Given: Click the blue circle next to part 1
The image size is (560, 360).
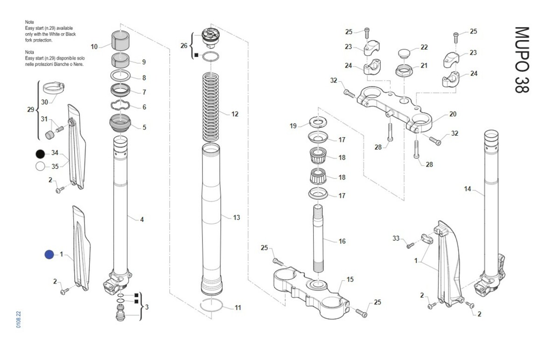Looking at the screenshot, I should (49, 255).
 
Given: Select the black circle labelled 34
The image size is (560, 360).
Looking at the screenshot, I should (40, 153).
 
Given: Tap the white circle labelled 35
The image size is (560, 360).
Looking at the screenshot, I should (40, 166).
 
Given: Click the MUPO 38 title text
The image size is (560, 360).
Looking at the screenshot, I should (522, 59).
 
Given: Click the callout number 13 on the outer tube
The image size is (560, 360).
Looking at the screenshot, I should (236, 217).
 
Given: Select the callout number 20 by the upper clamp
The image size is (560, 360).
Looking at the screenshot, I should (452, 114).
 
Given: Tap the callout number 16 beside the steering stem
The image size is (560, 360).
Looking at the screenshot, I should (342, 241).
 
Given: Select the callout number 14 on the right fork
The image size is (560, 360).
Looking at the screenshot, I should (468, 189).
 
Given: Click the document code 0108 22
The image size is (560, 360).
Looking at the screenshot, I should (19, 320).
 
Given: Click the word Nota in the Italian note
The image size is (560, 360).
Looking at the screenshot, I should (29, 52).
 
